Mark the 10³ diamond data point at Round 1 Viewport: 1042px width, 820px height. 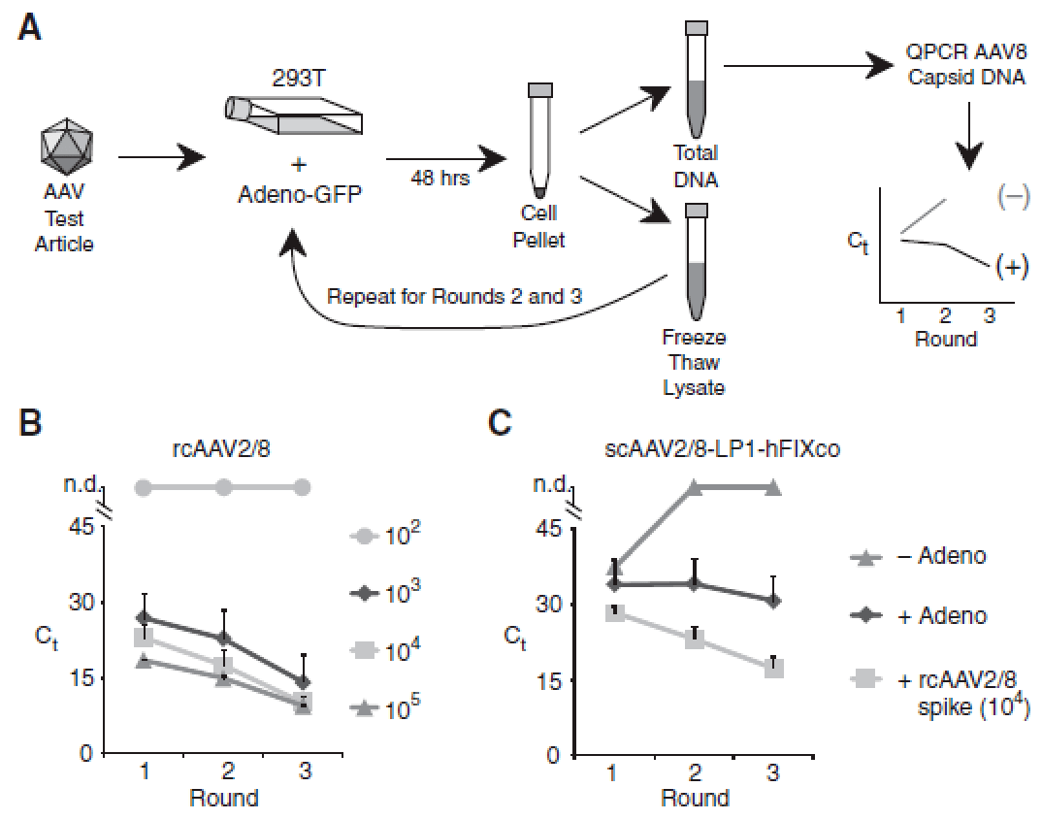point(145,617)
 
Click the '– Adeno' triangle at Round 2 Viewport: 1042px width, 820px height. point(695,487)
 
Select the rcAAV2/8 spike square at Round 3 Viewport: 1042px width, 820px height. point(772,670)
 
